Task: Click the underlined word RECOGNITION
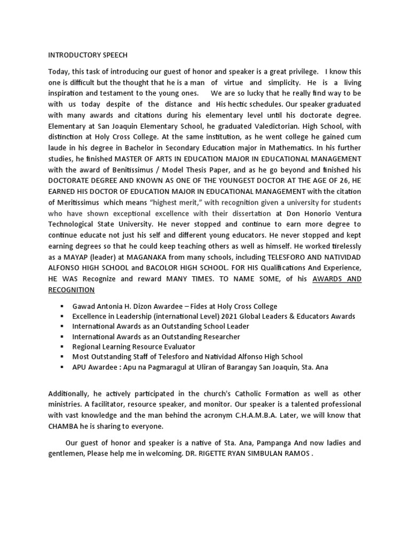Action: click(72, 290)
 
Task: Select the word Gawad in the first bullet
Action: click(84, 306)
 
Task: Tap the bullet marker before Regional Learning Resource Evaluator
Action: click(62, 347)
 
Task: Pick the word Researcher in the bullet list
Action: click(218, 337)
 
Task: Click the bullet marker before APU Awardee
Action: click(62, 366)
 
